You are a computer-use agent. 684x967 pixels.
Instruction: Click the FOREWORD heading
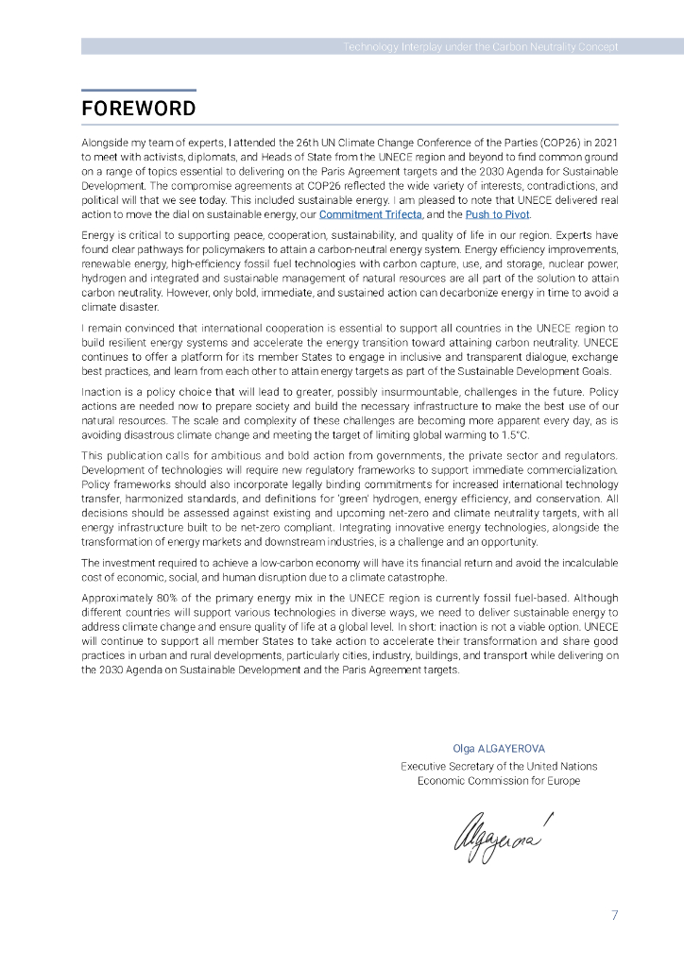(x=138, y=109)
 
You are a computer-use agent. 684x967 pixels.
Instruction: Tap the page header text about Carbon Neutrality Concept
(x=480, y=46)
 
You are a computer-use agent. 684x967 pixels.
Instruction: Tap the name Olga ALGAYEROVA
(x=499, y=748)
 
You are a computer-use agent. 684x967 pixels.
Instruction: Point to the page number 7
(x=614, y=915)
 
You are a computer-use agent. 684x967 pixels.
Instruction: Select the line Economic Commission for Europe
(x=499, y=781)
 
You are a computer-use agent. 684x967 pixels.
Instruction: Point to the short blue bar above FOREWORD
(x=138, y=91)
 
